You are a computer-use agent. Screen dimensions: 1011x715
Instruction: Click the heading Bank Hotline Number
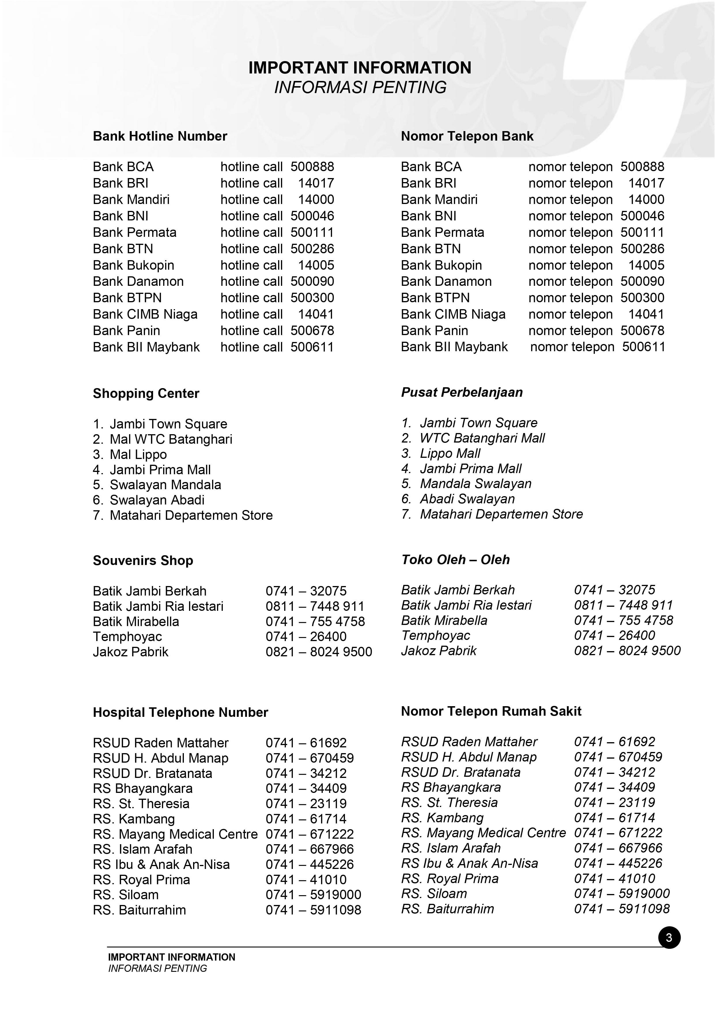160,136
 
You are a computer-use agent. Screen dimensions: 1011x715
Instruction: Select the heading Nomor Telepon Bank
467,136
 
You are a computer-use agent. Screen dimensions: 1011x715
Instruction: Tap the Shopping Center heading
146,393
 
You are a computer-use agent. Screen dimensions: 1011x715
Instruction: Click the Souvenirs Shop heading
143,561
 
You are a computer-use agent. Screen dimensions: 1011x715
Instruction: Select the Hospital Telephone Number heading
180,713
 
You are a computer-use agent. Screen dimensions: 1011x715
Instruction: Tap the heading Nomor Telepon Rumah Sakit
491,711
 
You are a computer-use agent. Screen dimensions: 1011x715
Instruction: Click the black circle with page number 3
669,938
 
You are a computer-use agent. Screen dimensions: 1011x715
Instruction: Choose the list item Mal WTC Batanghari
171,439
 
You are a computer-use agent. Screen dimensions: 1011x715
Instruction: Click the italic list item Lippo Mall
450,453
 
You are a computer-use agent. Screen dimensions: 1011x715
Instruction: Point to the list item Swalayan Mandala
165,485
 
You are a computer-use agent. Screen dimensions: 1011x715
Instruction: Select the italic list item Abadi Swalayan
467,499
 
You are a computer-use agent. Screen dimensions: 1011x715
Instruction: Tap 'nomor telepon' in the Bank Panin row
570,331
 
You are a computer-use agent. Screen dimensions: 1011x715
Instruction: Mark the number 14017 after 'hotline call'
316,183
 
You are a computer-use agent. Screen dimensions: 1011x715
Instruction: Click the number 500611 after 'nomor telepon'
643,347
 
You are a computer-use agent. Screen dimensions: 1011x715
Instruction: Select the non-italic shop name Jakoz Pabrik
130,652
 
